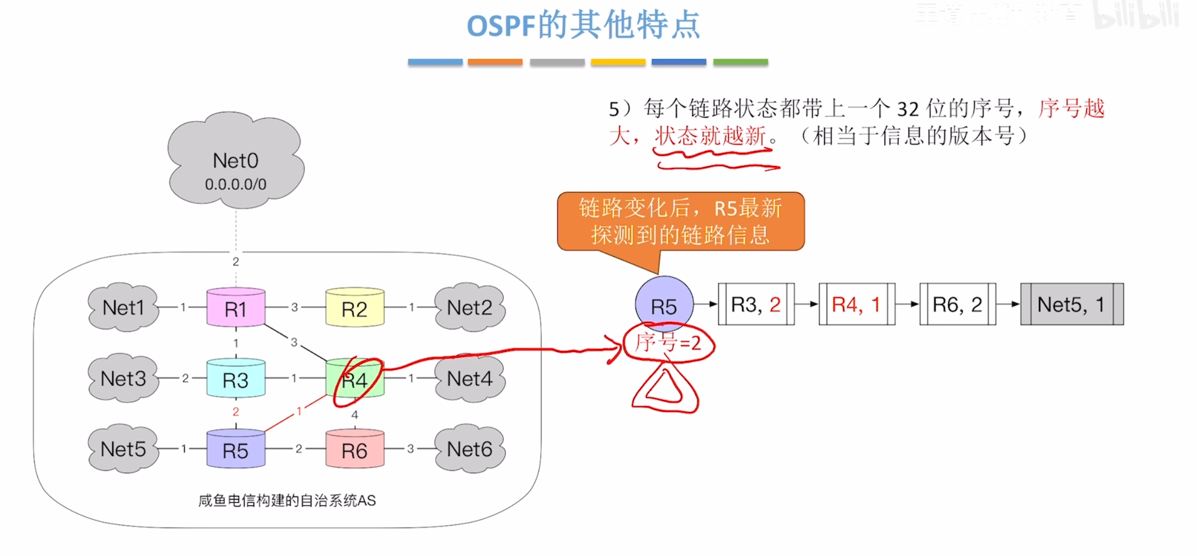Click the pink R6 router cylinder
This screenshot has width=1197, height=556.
[x=355, y=449]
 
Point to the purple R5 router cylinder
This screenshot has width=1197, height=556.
[x=236, y=449]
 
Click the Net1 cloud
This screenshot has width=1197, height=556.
[x=123, y=308]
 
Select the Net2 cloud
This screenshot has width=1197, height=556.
[x=470, y=308]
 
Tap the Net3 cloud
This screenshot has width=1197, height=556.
[x=123, y=378]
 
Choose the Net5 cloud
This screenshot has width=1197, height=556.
[x=123, y=449]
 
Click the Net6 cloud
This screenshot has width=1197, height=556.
[x=470, y=449]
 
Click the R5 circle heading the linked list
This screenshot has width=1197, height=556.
[x=664, y=305]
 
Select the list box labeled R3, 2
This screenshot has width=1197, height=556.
[x=756, y=304]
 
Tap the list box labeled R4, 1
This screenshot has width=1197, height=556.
[x=857, y=304]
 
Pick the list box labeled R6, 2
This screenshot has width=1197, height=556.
[x=957, y=304]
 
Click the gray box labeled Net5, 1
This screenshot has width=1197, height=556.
[x=1072, y=304]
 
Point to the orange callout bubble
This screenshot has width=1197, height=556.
[x=680, y=222]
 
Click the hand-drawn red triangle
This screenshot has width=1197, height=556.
[x=665, y=390]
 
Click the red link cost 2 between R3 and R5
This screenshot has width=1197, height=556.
[x=236, y=412]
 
